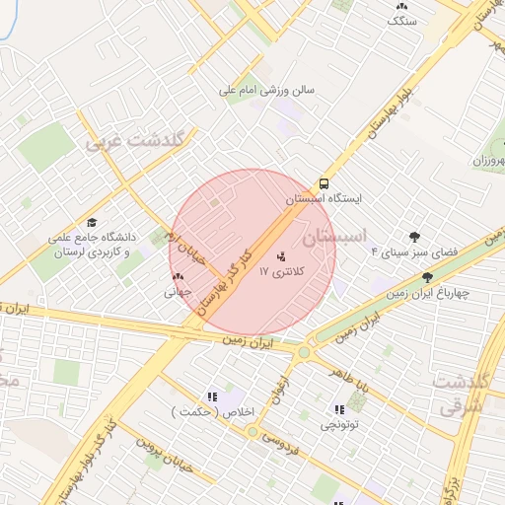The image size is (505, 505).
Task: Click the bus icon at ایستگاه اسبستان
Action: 324,183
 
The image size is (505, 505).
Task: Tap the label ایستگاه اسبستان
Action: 325,198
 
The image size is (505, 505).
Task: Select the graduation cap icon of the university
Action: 93,223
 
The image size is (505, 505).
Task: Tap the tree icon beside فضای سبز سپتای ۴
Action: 414,237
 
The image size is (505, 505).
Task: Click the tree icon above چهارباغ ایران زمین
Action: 427,277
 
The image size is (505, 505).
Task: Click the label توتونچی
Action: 340,425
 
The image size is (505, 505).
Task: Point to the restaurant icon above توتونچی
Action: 340,409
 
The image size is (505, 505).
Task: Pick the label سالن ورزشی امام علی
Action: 266,89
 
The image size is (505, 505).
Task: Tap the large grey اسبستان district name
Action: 334,237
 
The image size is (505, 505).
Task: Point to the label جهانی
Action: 177,292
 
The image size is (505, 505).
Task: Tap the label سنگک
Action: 402,20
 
